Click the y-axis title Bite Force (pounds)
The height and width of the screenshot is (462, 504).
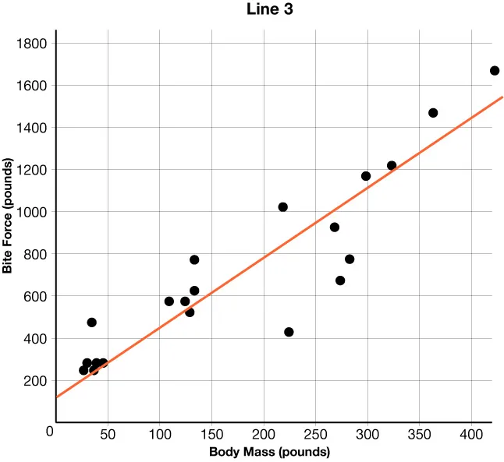pos(9,216)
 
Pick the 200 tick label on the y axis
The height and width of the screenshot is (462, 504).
pos(35,381)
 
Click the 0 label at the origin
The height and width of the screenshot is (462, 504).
pos(50,430)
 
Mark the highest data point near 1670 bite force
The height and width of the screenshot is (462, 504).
pos(495,71)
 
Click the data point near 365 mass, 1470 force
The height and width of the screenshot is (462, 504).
pos(433,113)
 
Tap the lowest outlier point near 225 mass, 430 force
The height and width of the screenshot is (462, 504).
pos(289,332)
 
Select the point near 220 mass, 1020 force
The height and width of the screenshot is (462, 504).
pos(282,207)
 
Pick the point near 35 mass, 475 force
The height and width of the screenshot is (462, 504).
pos(91,323)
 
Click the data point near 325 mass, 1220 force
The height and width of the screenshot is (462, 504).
pos(392,166)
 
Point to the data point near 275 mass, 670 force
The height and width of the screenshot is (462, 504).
pos(340,280)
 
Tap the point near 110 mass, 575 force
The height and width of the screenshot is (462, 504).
pos(169,302)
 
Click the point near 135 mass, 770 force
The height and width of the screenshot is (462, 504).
pos(194,260)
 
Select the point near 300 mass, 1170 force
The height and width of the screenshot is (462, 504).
pos(366,176)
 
